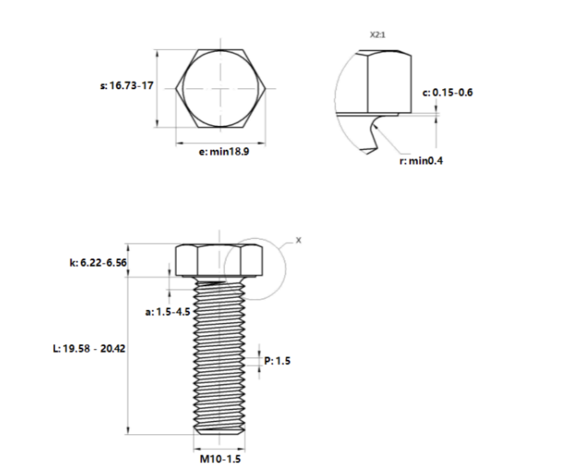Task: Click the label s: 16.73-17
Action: tap(126, 86)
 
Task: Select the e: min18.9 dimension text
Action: tap(224, 152)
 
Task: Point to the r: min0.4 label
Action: tap(421, 161)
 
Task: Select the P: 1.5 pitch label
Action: tap(277, 361)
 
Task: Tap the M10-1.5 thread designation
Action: tap(220, 459)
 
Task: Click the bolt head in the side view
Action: tap(220, 260)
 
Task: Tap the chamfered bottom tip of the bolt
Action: tap(220, 432)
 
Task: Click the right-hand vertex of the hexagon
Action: tap(266, 88)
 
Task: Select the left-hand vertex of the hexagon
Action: tap(176, 88)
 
